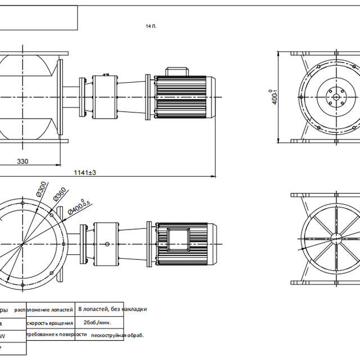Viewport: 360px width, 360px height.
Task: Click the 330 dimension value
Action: point(22,161)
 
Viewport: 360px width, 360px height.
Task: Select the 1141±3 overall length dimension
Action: point(85,173)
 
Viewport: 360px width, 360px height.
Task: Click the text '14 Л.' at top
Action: point(151,26)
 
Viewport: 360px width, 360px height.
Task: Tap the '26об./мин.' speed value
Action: point(97,323)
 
